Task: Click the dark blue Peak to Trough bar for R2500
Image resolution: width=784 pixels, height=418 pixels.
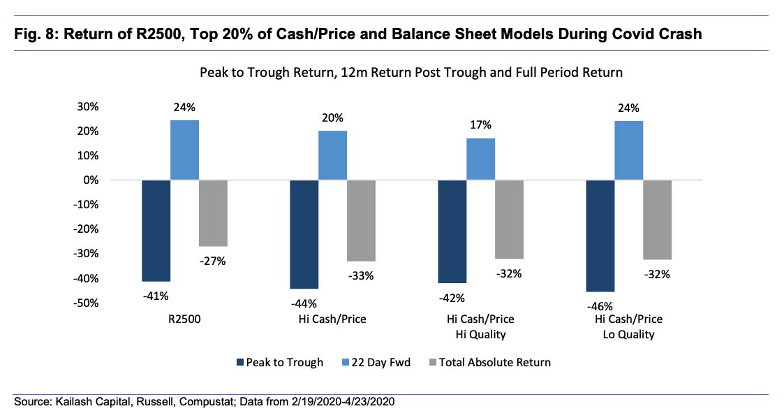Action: [x=156, y=231]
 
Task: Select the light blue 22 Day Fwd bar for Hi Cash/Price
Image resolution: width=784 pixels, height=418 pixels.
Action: [x=332, y=155]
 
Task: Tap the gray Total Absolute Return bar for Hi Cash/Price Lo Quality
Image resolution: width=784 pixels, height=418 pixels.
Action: [x=657, y=219]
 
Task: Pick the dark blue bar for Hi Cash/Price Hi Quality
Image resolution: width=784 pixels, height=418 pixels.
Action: [x=452, y=231]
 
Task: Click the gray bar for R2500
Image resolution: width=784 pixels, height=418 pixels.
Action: [x=213, y=213]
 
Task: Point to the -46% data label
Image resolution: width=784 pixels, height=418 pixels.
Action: [x=600, y=306]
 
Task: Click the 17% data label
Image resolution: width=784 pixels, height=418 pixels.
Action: [x=480, y=125]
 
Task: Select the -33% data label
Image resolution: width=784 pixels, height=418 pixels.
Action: [x=361, y=275]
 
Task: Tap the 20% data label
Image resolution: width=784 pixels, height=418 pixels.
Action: [x=332, y=118]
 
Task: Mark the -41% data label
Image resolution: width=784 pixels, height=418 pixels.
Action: [x=156, y=296]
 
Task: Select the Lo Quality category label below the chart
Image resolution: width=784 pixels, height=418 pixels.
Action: [x=628, y=335]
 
